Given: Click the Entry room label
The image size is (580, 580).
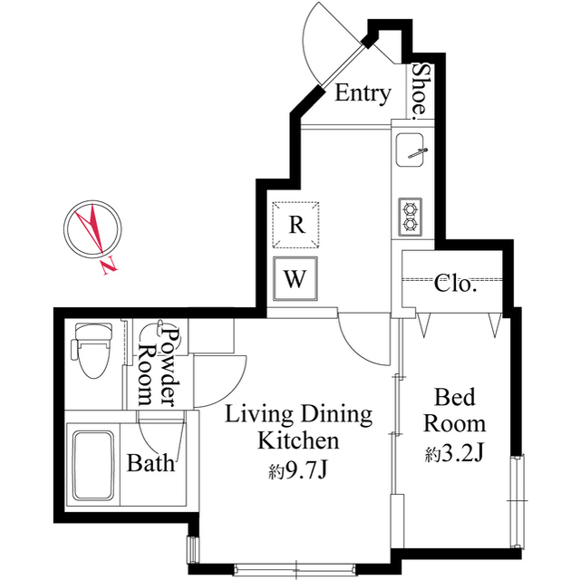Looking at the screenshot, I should click(x=362, y=92).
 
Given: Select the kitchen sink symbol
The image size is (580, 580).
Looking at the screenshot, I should click(x=414, y=149).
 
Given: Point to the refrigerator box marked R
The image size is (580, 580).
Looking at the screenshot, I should click(x=296, y=225).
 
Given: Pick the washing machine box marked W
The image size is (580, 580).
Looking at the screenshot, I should click(x=295, y=279).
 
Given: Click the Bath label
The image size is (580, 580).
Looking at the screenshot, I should click(x=150, y=465).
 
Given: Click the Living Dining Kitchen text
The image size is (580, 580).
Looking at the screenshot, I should click(x=298, y=428).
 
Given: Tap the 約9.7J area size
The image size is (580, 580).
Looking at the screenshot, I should click(x=299, y=471).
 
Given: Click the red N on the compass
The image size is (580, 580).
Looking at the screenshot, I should click(x=110, y=266).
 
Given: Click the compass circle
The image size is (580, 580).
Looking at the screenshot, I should click(x=93, y=227).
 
